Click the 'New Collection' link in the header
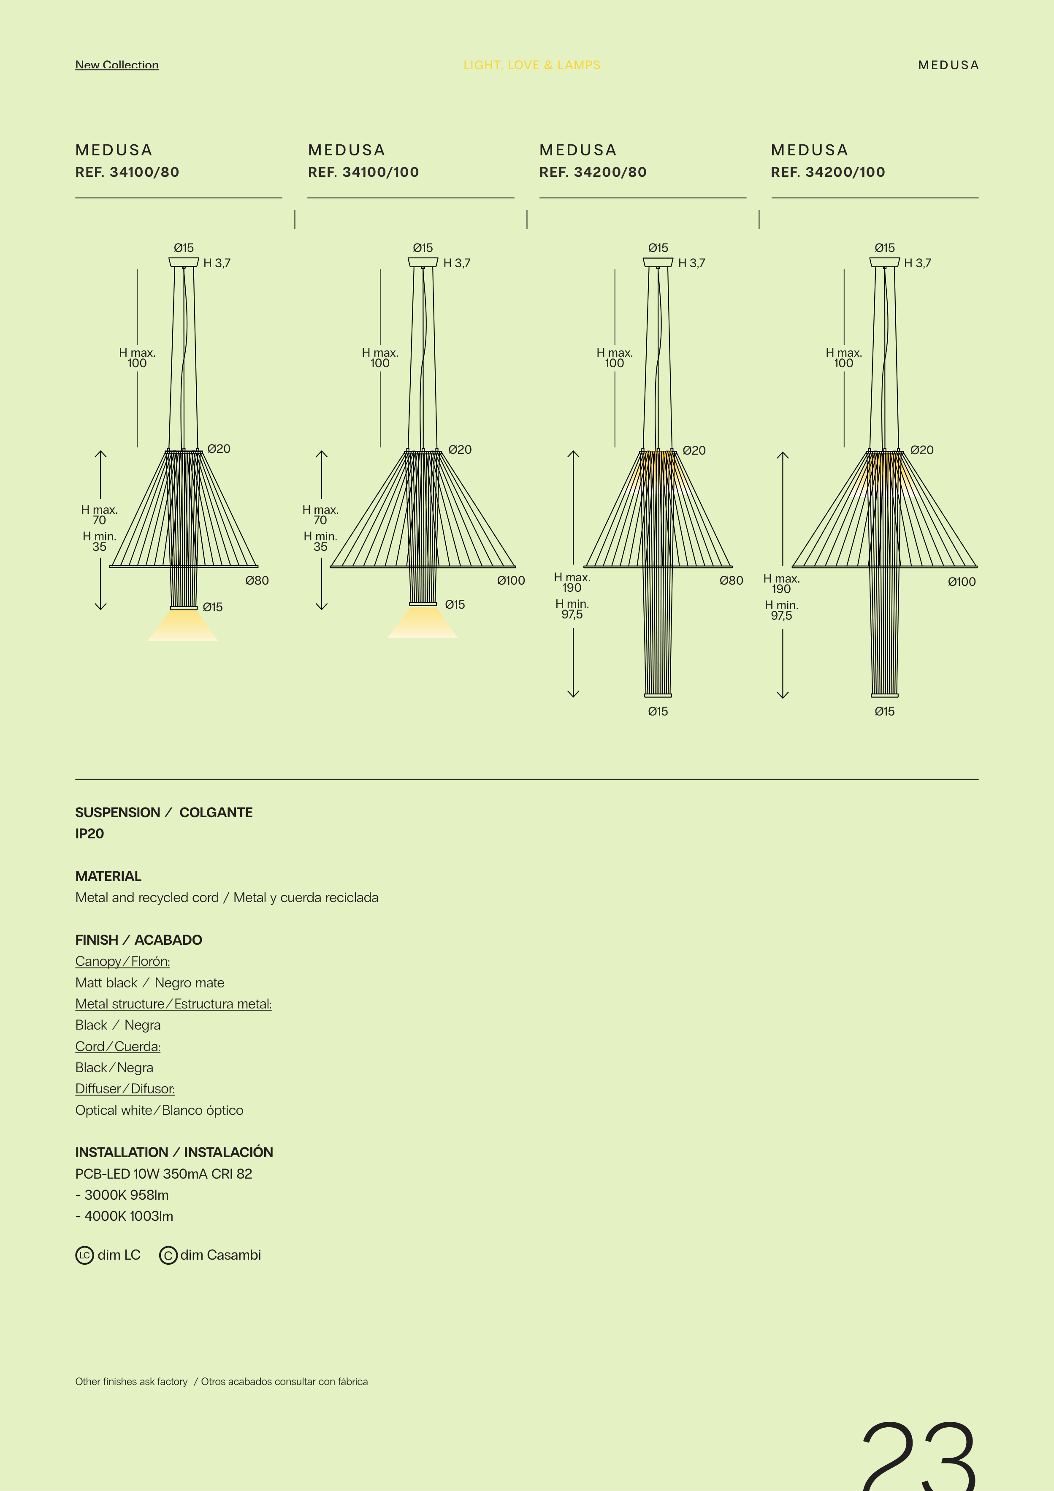point(117,65)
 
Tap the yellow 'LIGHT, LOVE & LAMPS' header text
point(532,65)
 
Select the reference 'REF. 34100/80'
point(127,172)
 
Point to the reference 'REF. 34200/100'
point(828,172)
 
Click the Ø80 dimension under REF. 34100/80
point(257,580)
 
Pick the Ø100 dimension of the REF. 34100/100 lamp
point(511,580)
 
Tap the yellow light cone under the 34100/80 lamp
point(182,625)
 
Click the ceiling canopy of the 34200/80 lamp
point(658,262)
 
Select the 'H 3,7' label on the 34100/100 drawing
point(457,263)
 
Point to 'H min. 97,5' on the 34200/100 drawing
point(781,610)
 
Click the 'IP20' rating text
point(89,834)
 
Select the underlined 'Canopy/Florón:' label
point(123,962)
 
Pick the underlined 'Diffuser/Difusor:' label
point(125,1089)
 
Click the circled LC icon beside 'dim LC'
point(84,1255)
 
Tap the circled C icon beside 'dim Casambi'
point(168,1255)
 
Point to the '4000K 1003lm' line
point(125,1216)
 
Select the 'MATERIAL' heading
point(108,877)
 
